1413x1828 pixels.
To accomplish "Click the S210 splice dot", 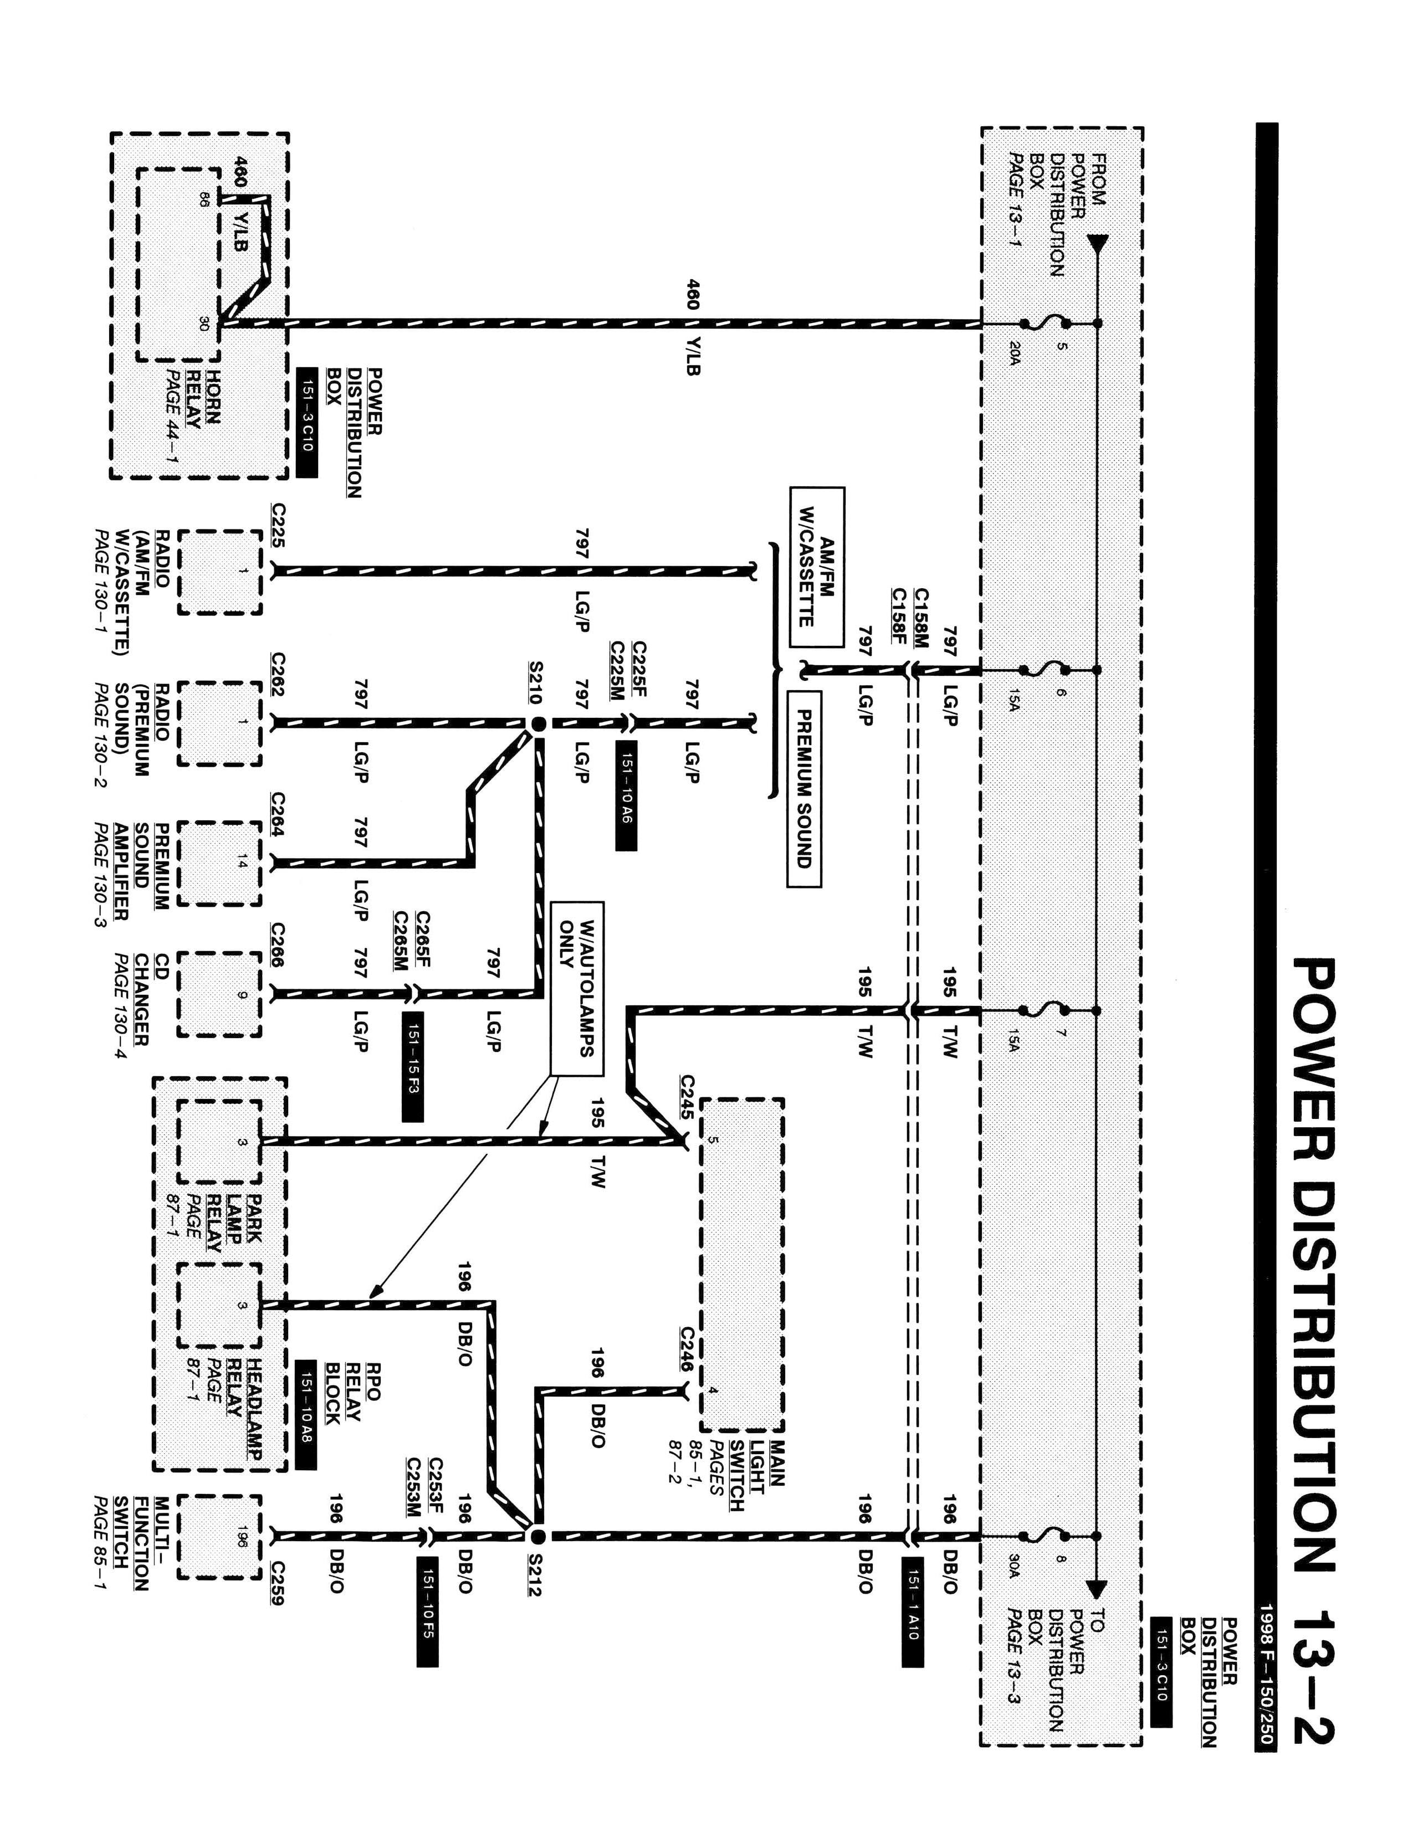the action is [538, 723].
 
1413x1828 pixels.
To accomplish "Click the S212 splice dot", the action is [538, 1536].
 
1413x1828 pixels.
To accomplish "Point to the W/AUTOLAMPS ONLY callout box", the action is [577, 988].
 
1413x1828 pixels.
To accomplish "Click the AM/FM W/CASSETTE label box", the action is [817, 568].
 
